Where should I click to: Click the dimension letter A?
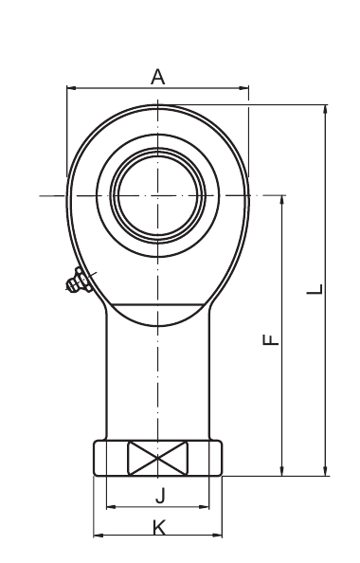(157, 77)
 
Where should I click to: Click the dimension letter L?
(315, 289)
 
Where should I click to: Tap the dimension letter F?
(271, 339)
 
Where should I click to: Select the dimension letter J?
(160, 497)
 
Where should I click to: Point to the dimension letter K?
(158, 528)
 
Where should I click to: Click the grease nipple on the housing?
(77, 281)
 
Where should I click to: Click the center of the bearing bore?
(158, 195)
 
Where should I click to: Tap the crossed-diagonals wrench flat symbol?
(158, 458)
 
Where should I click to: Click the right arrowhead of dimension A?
(244, 87)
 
